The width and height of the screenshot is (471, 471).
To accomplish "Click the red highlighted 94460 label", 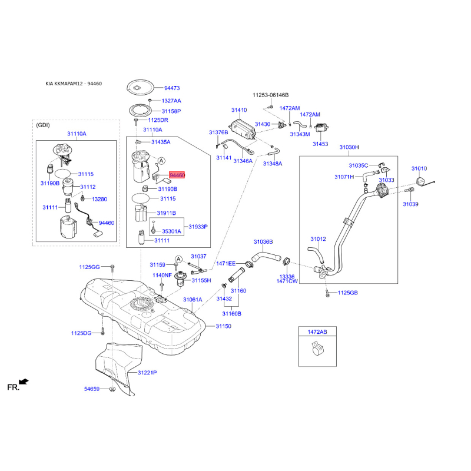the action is [x=177, y=175].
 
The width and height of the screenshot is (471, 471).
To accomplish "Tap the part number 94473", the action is [x=172, y=88].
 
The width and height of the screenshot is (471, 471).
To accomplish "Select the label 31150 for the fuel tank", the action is [x=224, y=326].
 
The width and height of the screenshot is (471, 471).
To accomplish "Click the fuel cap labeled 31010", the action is [x=422, y=182].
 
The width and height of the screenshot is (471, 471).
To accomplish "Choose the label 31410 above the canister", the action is [x=239, y=110].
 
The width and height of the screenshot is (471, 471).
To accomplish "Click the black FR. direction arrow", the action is [x=24, y=382].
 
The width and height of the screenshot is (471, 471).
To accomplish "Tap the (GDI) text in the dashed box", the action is [x=43, y=125].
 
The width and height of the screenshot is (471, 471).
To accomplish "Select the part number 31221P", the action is [x=147, y=373].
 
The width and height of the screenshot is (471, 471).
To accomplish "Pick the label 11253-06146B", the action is [x=270, y=95].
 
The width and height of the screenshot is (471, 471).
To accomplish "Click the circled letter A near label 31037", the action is [x=178, y=259].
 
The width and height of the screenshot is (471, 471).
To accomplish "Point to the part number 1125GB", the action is [x=347, y=293].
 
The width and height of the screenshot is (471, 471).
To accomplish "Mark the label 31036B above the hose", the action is [x=263, y=242].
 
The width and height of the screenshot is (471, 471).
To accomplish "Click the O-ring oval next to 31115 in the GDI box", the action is [x=62, y=173].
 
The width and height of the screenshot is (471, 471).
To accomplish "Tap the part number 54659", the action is [x=92, y=389].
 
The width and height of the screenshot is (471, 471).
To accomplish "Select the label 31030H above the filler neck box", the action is [x=349, y=147].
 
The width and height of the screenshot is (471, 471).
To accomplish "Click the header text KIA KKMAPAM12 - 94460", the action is [x=74, y=84].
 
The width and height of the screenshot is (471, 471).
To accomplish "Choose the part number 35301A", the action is [x=171, y=231].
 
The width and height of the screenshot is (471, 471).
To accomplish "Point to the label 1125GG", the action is [x=89, y=267].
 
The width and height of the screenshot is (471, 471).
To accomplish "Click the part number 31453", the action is [x=320, y=144].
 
